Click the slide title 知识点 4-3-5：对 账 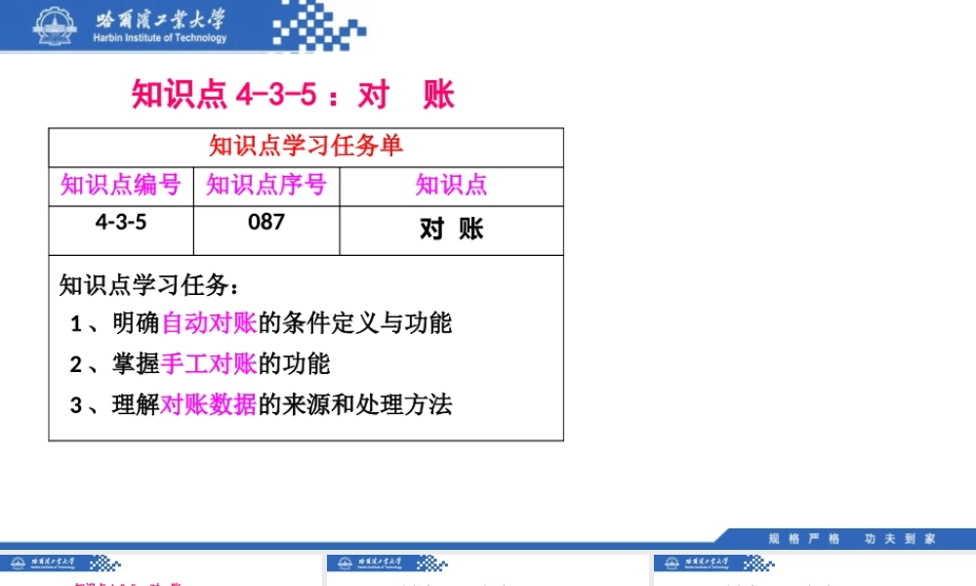(x=293, y=95)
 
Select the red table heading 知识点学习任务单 (x=305, y=146)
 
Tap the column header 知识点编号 (x=121, y=185)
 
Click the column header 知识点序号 (x=265, y=185)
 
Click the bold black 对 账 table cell (x=451, y=229)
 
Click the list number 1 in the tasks (x=76, y=323)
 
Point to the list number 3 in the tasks (x=76, y=405)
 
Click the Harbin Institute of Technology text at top (x=160, y=38)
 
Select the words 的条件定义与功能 (x=355, y=322)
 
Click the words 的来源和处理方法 (x=355, y=404)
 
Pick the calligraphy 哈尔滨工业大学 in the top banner (x=160, y=18)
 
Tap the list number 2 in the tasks (x=76, y=364)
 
